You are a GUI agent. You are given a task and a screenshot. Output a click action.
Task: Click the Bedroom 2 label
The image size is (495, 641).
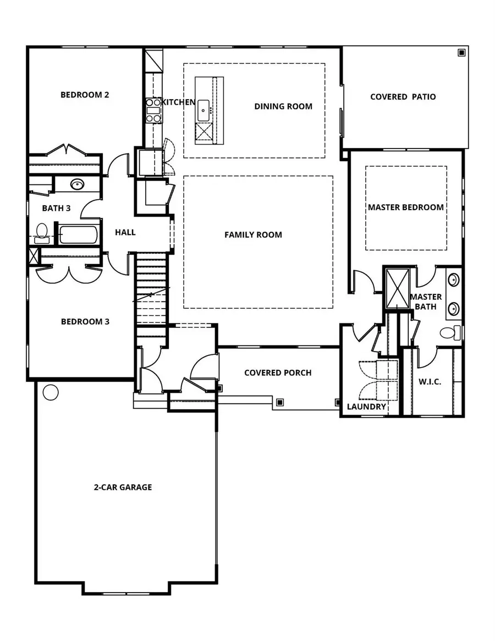tap(85, 95)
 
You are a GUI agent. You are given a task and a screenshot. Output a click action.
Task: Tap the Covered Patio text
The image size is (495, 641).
tap(403, 97)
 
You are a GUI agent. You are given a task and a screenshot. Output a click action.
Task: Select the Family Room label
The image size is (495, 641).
tap(253, 235)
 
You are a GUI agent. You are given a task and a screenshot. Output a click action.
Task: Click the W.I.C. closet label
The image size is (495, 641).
tap(430, 382)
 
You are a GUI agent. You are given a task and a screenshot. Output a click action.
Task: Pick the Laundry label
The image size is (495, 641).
tap(366, 407)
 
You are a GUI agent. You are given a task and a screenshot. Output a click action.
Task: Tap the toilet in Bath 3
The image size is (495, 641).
tap(41, 232)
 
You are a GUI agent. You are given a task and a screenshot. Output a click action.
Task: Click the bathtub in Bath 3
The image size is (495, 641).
tap(79, 235)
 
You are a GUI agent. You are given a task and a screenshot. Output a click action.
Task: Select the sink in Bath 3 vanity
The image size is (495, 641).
tap(76, 184)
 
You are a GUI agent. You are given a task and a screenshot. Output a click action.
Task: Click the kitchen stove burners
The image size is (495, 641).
tap(153, 110)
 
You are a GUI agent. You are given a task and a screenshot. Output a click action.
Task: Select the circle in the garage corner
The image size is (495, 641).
tap(51, 392)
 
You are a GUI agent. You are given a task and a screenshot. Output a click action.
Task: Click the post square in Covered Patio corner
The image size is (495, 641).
tap(461, 53)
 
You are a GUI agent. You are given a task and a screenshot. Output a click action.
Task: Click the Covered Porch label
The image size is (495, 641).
tap(278, 373)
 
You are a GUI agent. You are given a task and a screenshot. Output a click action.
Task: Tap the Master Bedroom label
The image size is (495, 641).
tap(406, 207)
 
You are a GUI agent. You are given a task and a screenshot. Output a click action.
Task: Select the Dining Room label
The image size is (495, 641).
tap(283, 106)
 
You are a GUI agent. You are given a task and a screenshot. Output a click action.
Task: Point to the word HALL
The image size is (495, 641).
tap(125, 232)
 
